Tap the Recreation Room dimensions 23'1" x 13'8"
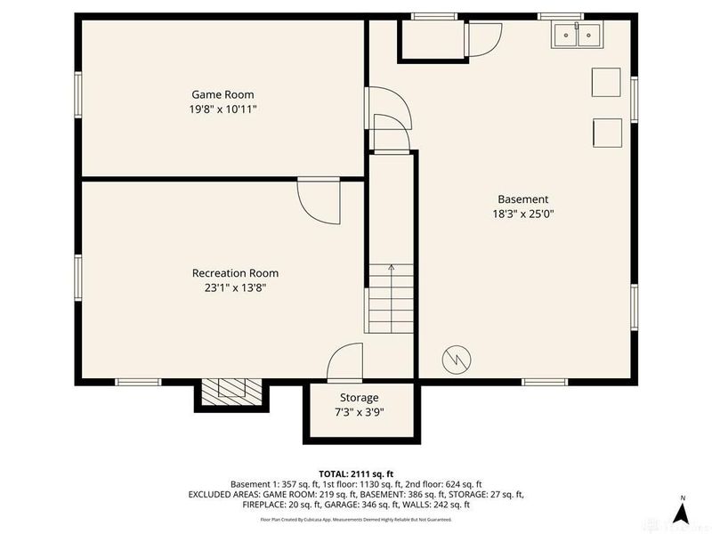pyautogui.click(x=235, y=287)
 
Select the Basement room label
pyautogui.click(x=522, y=199)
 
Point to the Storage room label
pyautogui.click(x=359, y=397)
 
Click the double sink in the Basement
pyautogui.click(x=577, y=35)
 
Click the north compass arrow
pyautogui.click(x=681, y=512)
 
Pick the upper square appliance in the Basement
pyautogui.click(x=607, y=84)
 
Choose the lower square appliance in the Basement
pyautogui.click(x=607, y=132)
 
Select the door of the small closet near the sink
pyautogui.click(x=484, y=39)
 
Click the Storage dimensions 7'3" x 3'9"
pyautogui.click(x=359, y=412)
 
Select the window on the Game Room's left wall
pyautogui.click(x=78, y=99)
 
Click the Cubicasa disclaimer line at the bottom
pyautogui.click(x=356, y=519)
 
